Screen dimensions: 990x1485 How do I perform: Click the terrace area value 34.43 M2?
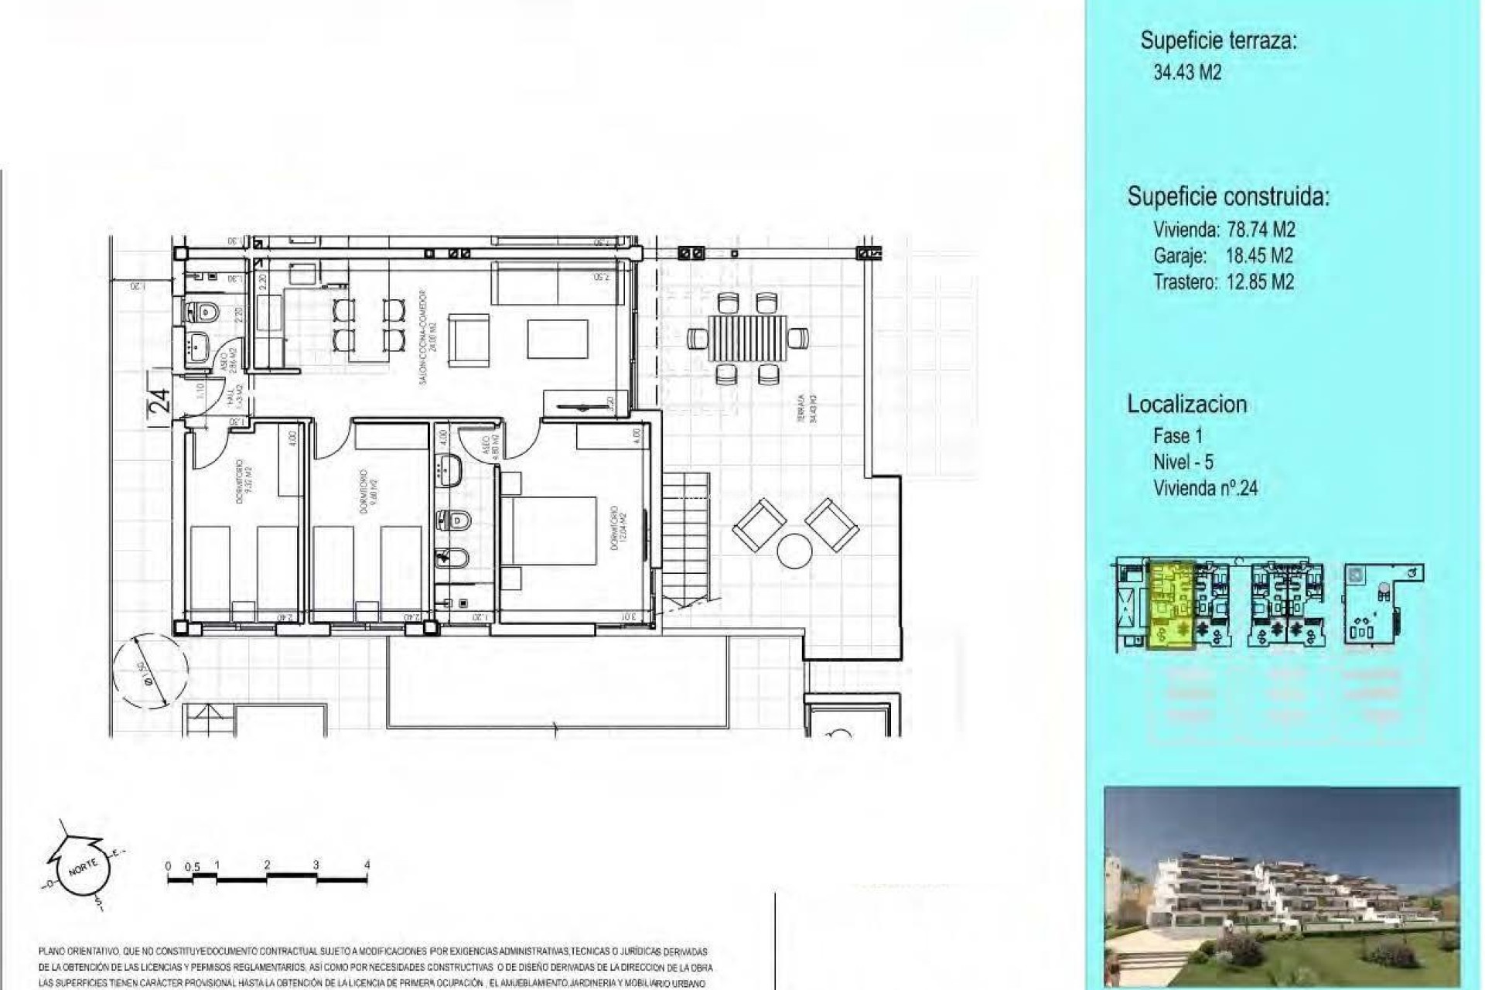(x=1187, y=73)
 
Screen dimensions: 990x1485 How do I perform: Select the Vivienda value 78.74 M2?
(x=1261, y=230)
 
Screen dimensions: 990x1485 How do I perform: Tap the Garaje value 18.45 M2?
(x=1259, y=256)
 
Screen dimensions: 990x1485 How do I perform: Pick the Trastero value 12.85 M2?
(x=1260, y=282)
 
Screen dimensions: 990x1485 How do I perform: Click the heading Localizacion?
(x=1186, y=404)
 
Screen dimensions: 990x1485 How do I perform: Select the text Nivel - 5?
(x=1183, y=463)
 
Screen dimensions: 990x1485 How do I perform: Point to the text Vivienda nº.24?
(x=1205, y=489)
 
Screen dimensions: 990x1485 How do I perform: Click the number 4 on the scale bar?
(x=367, y=865)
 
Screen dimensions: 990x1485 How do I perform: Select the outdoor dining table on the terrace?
(x=747, y=338)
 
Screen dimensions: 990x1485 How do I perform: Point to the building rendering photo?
(x=1282, y=886)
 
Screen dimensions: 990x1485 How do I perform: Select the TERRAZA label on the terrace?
(x=807, y=408)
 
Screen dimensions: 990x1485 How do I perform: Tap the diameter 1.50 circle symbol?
(x=150, y=669)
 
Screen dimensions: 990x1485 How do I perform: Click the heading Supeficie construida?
(x=1228, y=196)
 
